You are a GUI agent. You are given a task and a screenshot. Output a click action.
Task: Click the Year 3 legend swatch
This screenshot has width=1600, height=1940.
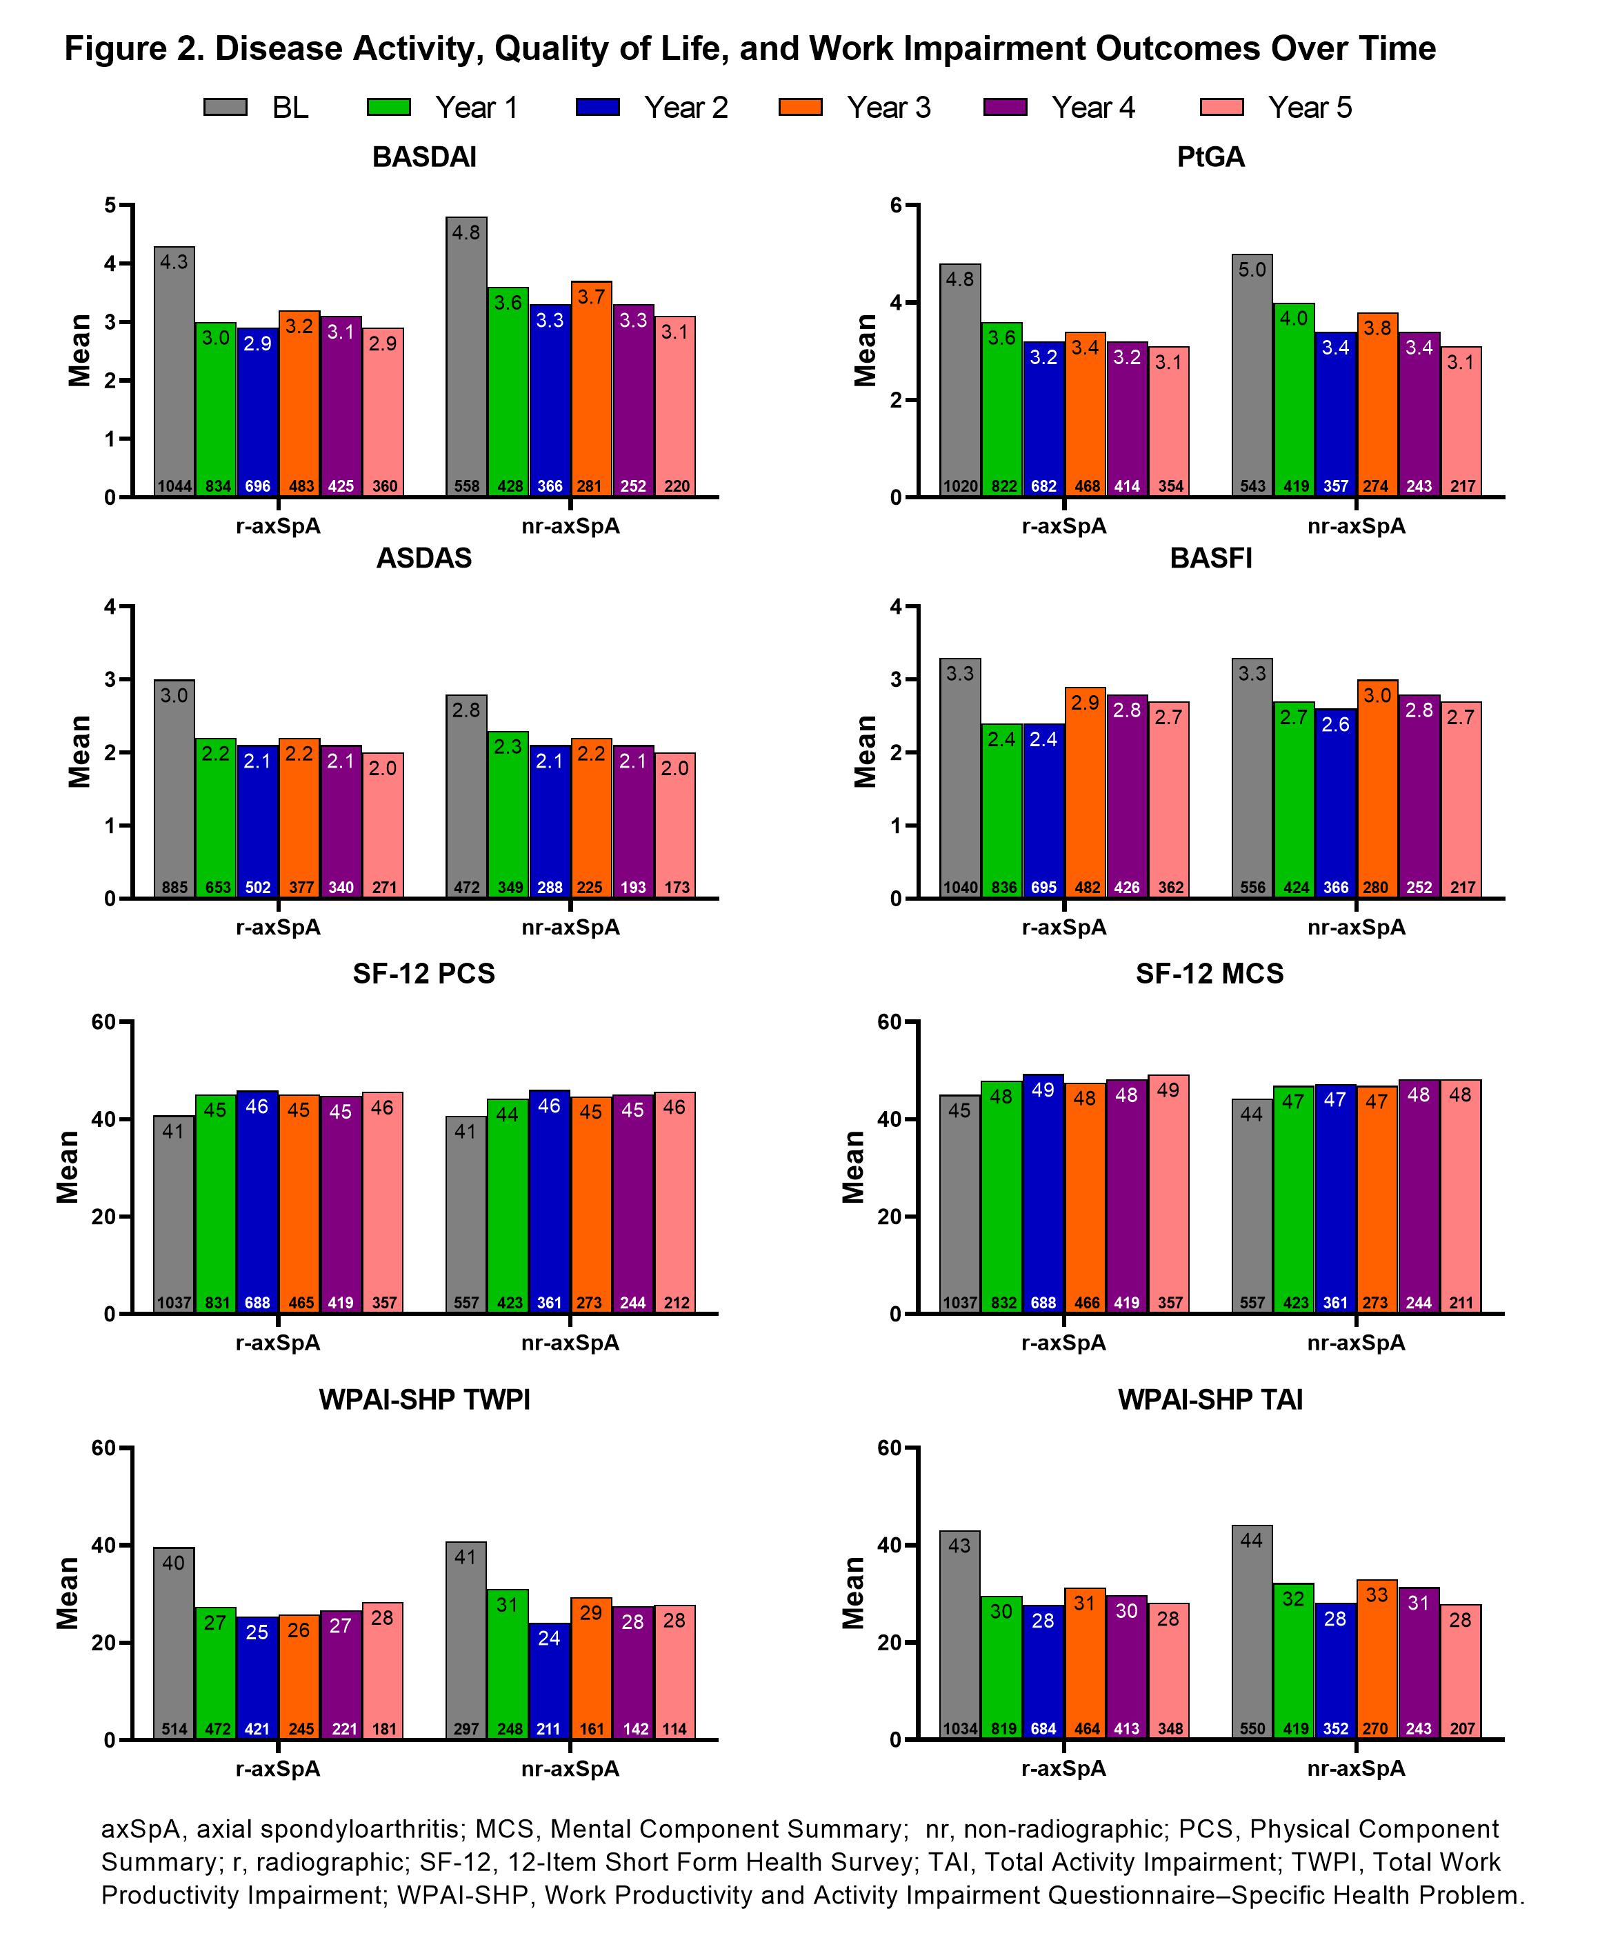tap(800, 107)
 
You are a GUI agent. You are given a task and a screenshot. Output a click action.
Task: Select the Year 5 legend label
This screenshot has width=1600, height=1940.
tap(1310, 108)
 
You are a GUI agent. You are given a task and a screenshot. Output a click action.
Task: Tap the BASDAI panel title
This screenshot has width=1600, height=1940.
tap(424, 158)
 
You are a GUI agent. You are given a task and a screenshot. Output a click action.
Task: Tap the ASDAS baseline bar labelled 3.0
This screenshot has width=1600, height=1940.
tap(174, 788)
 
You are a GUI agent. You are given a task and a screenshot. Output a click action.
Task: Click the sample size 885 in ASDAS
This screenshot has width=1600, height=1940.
tap(174, 888)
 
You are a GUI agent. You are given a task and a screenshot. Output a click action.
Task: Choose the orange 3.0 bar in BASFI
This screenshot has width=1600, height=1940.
tap(1377, 789)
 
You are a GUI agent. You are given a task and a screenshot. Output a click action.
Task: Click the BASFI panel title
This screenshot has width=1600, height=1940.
tap(1210, 559)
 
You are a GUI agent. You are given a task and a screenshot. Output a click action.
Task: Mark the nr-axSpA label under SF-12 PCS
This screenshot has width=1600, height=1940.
tap(570, 1343)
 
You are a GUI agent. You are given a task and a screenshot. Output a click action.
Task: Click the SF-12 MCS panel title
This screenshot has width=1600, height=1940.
tap(1209, 974)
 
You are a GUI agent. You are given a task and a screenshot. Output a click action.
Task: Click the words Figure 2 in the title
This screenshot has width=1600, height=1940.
tap(131, 49)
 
